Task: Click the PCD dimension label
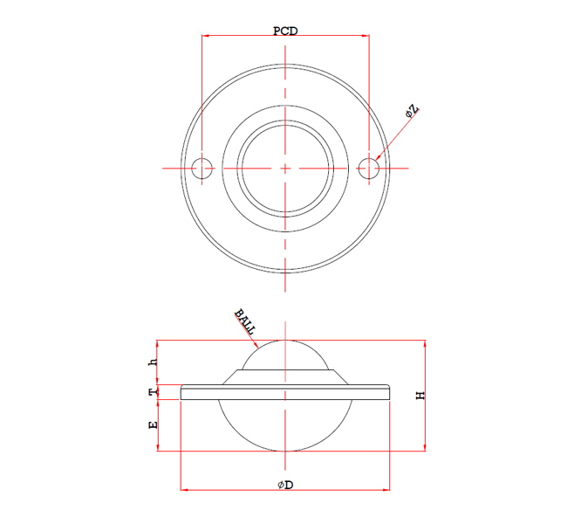tap(285, 31)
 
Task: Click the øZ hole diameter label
tap(413, 112)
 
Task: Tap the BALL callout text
tap(244, 321)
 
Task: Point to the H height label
tap(420, 396)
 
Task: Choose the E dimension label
tap(153, 425)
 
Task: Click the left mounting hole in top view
tap(202, 167)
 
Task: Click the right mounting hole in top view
tap(370, 167)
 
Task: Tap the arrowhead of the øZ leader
tap(377, 158)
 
